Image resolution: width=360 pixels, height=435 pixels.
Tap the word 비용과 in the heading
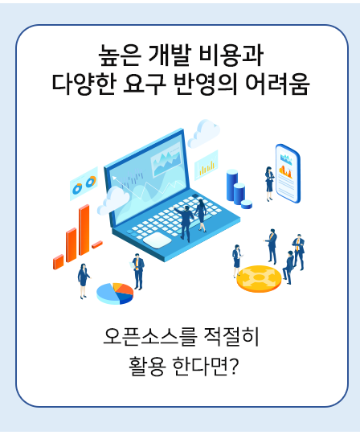point(231,55)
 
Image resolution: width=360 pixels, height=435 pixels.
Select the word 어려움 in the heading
point(277,84)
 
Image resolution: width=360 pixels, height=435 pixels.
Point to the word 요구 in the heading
point(144,84)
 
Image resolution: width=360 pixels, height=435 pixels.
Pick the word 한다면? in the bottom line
point(205,366)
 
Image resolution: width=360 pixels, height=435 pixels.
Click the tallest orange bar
point(84,230)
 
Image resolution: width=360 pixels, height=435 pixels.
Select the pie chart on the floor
point(115,293)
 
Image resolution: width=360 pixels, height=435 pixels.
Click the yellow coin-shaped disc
point(259,278)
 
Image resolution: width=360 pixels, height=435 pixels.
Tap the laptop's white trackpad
point(157,240)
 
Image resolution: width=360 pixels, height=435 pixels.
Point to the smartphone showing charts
point(288,174)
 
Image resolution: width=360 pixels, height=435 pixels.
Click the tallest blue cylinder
point(232,185)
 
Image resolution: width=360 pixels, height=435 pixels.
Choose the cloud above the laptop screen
point(204,133)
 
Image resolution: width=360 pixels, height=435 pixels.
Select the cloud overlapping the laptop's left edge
point(113,200)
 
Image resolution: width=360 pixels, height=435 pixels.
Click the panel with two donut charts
point(84,183)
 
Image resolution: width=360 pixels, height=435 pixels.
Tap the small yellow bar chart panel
point(206,166)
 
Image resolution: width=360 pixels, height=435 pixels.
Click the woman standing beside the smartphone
point(269,183)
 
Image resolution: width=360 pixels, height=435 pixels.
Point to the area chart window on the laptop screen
point(166,160)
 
